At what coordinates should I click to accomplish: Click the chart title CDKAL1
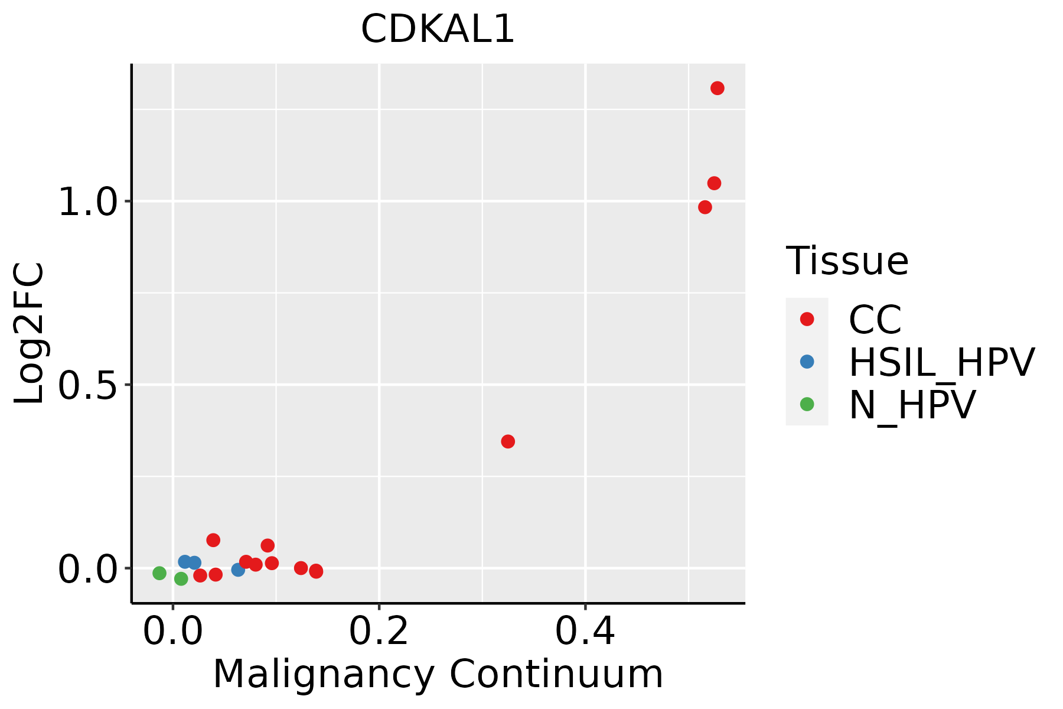[438, 30]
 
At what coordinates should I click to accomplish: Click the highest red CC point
[718, 88]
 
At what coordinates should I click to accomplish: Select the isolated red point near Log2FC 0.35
[508, 441]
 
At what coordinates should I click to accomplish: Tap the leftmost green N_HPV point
[159, 573]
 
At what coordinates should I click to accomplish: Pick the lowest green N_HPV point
[181, 579]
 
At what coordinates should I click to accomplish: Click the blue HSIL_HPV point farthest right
[238, 570]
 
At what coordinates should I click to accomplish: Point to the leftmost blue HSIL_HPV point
[185, 562]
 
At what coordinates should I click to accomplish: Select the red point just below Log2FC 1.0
[705, 207]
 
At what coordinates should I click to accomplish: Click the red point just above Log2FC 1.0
[714, 183]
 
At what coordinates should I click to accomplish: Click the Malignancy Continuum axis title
[438, 674]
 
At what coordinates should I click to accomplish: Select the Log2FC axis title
[30, 333]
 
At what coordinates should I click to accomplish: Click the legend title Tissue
[847, 261]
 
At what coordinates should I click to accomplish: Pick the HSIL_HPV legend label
[941, 362]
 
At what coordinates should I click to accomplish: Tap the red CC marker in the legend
[807, 319]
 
